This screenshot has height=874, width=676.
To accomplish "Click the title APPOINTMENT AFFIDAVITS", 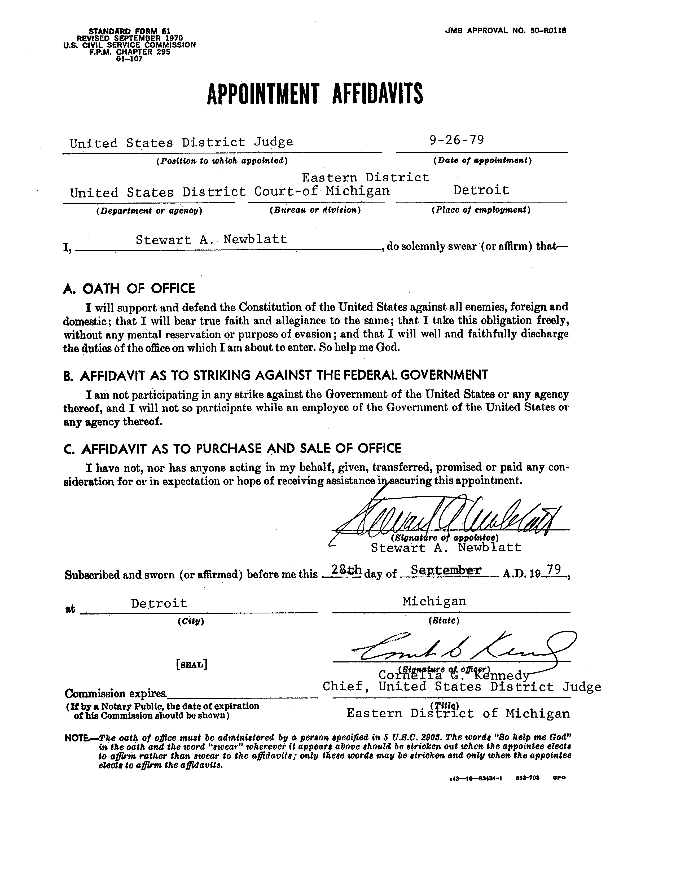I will (315, 94).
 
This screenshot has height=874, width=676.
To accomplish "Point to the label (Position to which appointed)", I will (222, 161).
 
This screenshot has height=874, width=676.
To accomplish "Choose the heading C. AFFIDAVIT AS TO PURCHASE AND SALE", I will (232, 449).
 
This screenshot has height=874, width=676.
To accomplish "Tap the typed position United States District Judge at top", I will (181, 143).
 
